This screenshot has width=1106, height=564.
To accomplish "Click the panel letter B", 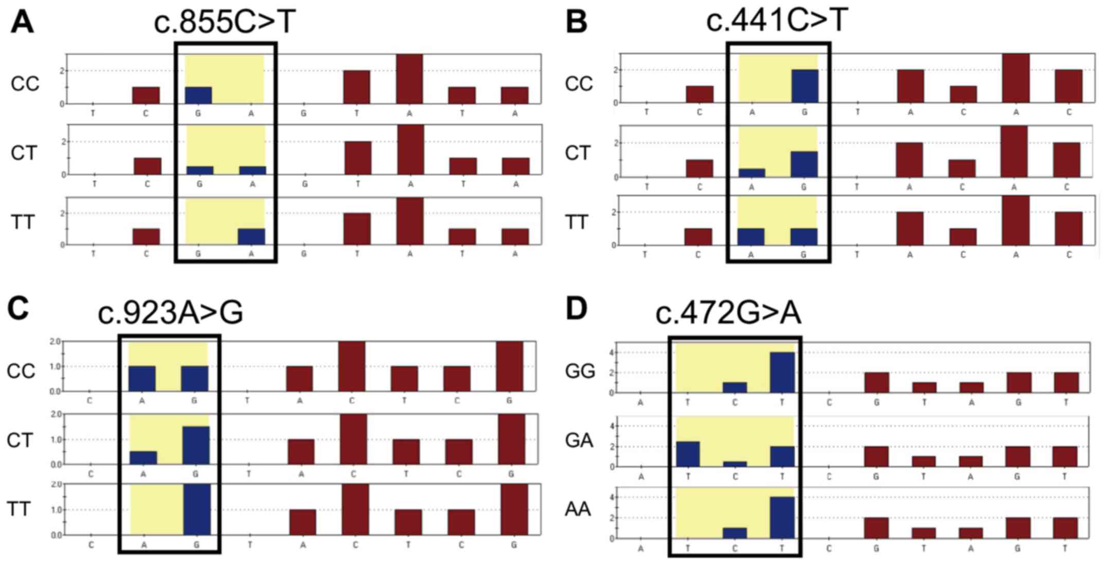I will pos(576,23).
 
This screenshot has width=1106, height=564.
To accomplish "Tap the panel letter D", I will pos(576,309).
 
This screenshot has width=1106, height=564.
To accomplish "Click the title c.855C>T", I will pos(225,22).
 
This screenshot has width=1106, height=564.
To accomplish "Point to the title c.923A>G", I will pos(170,313).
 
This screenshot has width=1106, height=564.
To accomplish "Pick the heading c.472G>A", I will pos(728,313).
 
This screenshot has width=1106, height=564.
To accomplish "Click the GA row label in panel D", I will pos(579,440).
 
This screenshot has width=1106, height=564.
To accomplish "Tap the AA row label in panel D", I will pos(578,509).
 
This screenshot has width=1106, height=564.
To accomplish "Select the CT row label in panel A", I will pos(24,153).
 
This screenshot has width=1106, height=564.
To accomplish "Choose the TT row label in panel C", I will pos(19,509).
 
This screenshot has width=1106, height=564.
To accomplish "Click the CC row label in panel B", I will pos(579,83).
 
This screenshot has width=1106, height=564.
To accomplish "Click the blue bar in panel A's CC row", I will pos(198,95).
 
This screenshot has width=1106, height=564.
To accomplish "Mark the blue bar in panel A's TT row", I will pos(251,237).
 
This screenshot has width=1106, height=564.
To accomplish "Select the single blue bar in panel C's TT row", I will pos(197,509).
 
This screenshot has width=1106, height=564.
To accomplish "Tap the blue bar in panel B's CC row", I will pos(804,86).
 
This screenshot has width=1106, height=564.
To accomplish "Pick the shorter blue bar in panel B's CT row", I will pos(752,173).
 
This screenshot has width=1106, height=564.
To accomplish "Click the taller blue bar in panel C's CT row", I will pos(195,445).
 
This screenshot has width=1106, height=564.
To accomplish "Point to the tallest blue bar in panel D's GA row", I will pos(687,454).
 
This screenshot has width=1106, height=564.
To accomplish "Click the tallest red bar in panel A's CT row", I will pos(410,150).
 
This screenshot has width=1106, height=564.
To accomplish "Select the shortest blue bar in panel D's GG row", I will pos(735,387).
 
